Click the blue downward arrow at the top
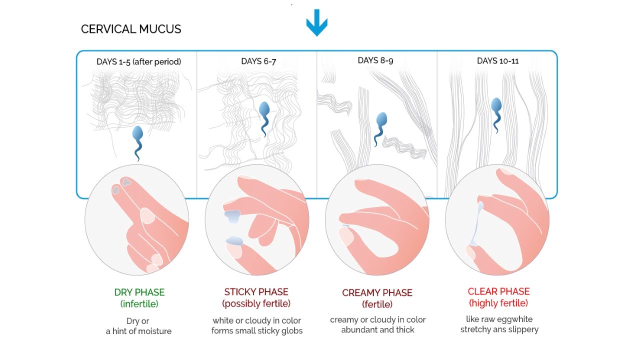click(x=316, y=23)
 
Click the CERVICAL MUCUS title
click(x=131, y=29)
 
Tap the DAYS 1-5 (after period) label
click(x=139, y=61)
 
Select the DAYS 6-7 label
click(x=258, y=61)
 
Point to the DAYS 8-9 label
click(x=375, y=60)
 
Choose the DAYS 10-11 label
click(x=497, y=61)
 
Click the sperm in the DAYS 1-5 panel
click(x=137, y=143)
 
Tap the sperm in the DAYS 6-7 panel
click(x=264, y=119)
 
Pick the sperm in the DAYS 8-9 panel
click(x=380, y=129)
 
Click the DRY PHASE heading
click(x=139, y=292)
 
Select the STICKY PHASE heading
click(x=256, y=292)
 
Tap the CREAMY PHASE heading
click(x=377, y=293)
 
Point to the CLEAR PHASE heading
click(x=498, y=291)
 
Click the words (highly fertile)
click(x=498, y=303)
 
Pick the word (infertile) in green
click(x=139, y=303)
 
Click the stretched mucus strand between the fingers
click(x=476, y=224)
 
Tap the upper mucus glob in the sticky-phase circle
click(x=233, y=216)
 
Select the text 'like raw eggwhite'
click(x=499, y=319)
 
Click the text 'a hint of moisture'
click(x=138, y=331)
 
